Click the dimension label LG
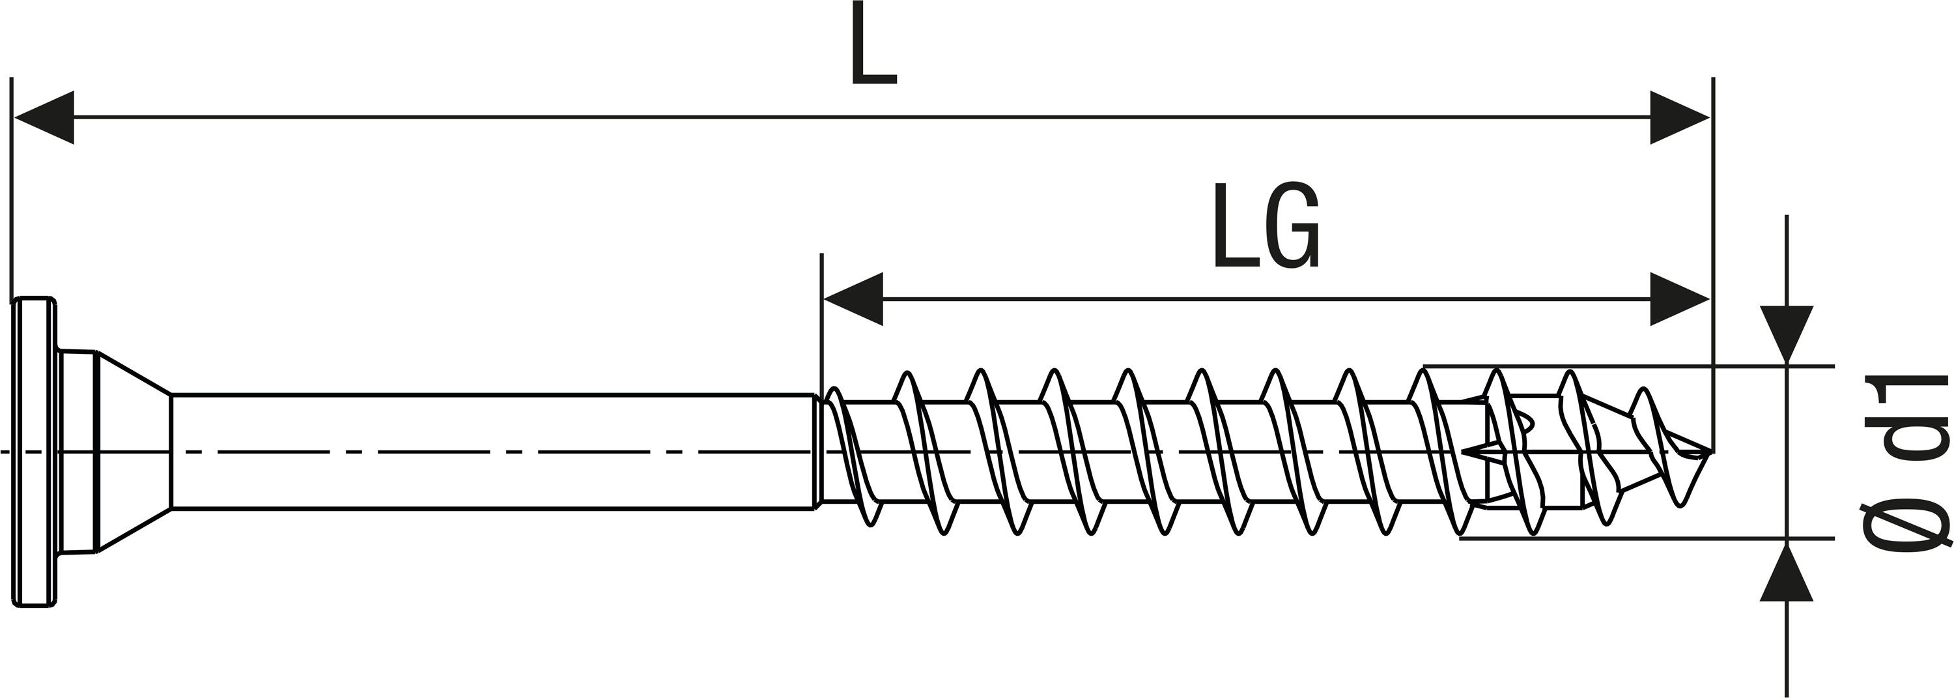(x=1266, y=226)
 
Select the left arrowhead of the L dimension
(x=46, y=117)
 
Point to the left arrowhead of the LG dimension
(x=853, y=298)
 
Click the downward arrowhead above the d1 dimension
(x=1787, y=334)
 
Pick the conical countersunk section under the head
(x=133, y=452)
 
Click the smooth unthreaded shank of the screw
(x=493, y=452)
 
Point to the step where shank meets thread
(x=817, y=452)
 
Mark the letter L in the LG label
(x=1234, y=226)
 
